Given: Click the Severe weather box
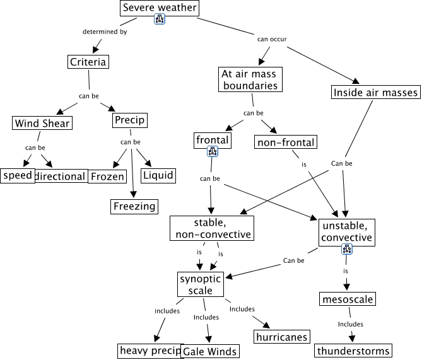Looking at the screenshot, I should (x=160, y=8).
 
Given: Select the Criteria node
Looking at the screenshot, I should (x=88, y=62).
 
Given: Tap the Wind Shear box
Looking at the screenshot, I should (x=42, y=124).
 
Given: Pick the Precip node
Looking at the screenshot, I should (x=129, y=120).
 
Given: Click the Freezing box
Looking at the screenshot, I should (x=134, y=206).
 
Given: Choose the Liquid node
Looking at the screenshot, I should (x=158, y=175).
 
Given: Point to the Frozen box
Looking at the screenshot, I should (x=107, y=177).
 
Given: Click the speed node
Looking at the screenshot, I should (x=18, y=175).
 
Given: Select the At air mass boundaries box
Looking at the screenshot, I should (x=250, y=79).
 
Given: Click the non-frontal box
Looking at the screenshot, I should (x=285, y=142).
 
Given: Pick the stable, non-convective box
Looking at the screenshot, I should (x=212, y=228).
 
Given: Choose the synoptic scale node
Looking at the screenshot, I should (x=201, y=284).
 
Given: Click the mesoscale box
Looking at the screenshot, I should (x=347, y=299).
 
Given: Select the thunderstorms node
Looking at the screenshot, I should (x=353, y=351).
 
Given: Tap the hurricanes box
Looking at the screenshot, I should (x=281, y=337).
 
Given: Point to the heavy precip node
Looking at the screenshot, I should (x=149, y=350).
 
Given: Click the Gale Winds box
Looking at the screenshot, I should (x=210, y=352).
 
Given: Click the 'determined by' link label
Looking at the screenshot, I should (x=104, y=32).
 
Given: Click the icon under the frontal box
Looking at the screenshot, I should (x=213, y=152).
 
